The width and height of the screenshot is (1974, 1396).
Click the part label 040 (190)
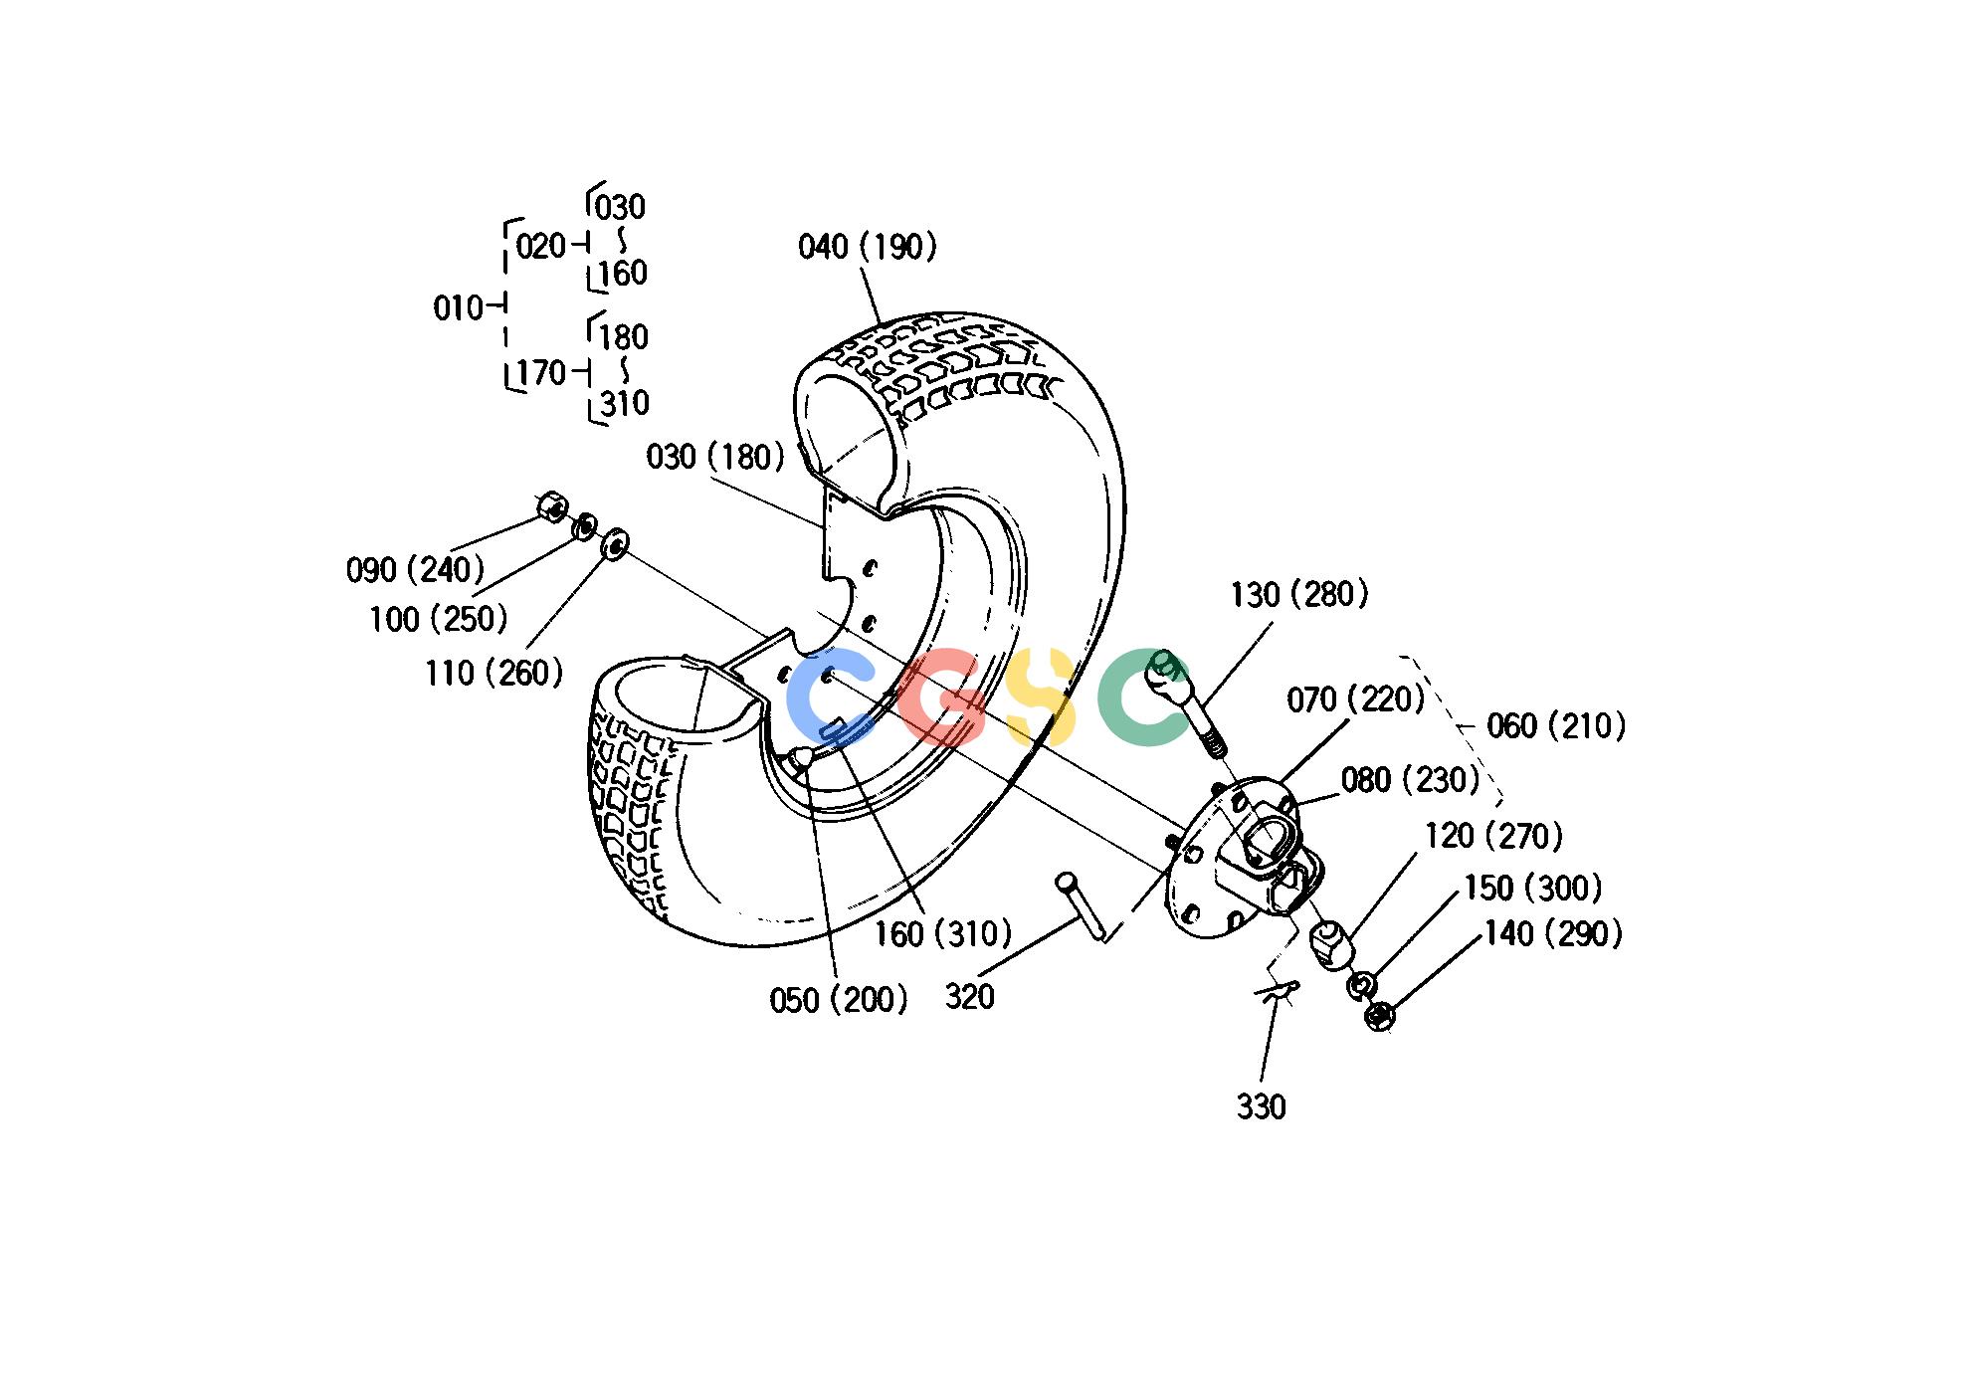pos(868,247)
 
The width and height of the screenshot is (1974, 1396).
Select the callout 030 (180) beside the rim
pos(715,457)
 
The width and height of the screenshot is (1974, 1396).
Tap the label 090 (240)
pos(415,570)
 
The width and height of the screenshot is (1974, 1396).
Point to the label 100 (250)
pos(439,620)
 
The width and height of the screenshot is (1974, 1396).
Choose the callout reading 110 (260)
pos(494,674)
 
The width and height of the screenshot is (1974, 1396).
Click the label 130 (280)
pos(1299,595)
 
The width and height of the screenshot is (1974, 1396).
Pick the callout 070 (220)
pos(1356,699)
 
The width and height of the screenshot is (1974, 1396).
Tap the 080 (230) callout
pos(1411,780)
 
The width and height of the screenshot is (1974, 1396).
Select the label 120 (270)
pos(1493,836)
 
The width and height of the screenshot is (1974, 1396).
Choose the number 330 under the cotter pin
pos(1262,1106)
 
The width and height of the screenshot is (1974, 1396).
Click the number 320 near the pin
pos(970,997)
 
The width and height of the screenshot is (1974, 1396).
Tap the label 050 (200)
pos(839,1000)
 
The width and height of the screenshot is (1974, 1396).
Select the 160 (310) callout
pos(943,934)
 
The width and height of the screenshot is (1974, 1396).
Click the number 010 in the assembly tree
pos(458,308)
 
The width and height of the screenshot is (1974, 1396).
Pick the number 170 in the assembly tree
pos(542,373)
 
